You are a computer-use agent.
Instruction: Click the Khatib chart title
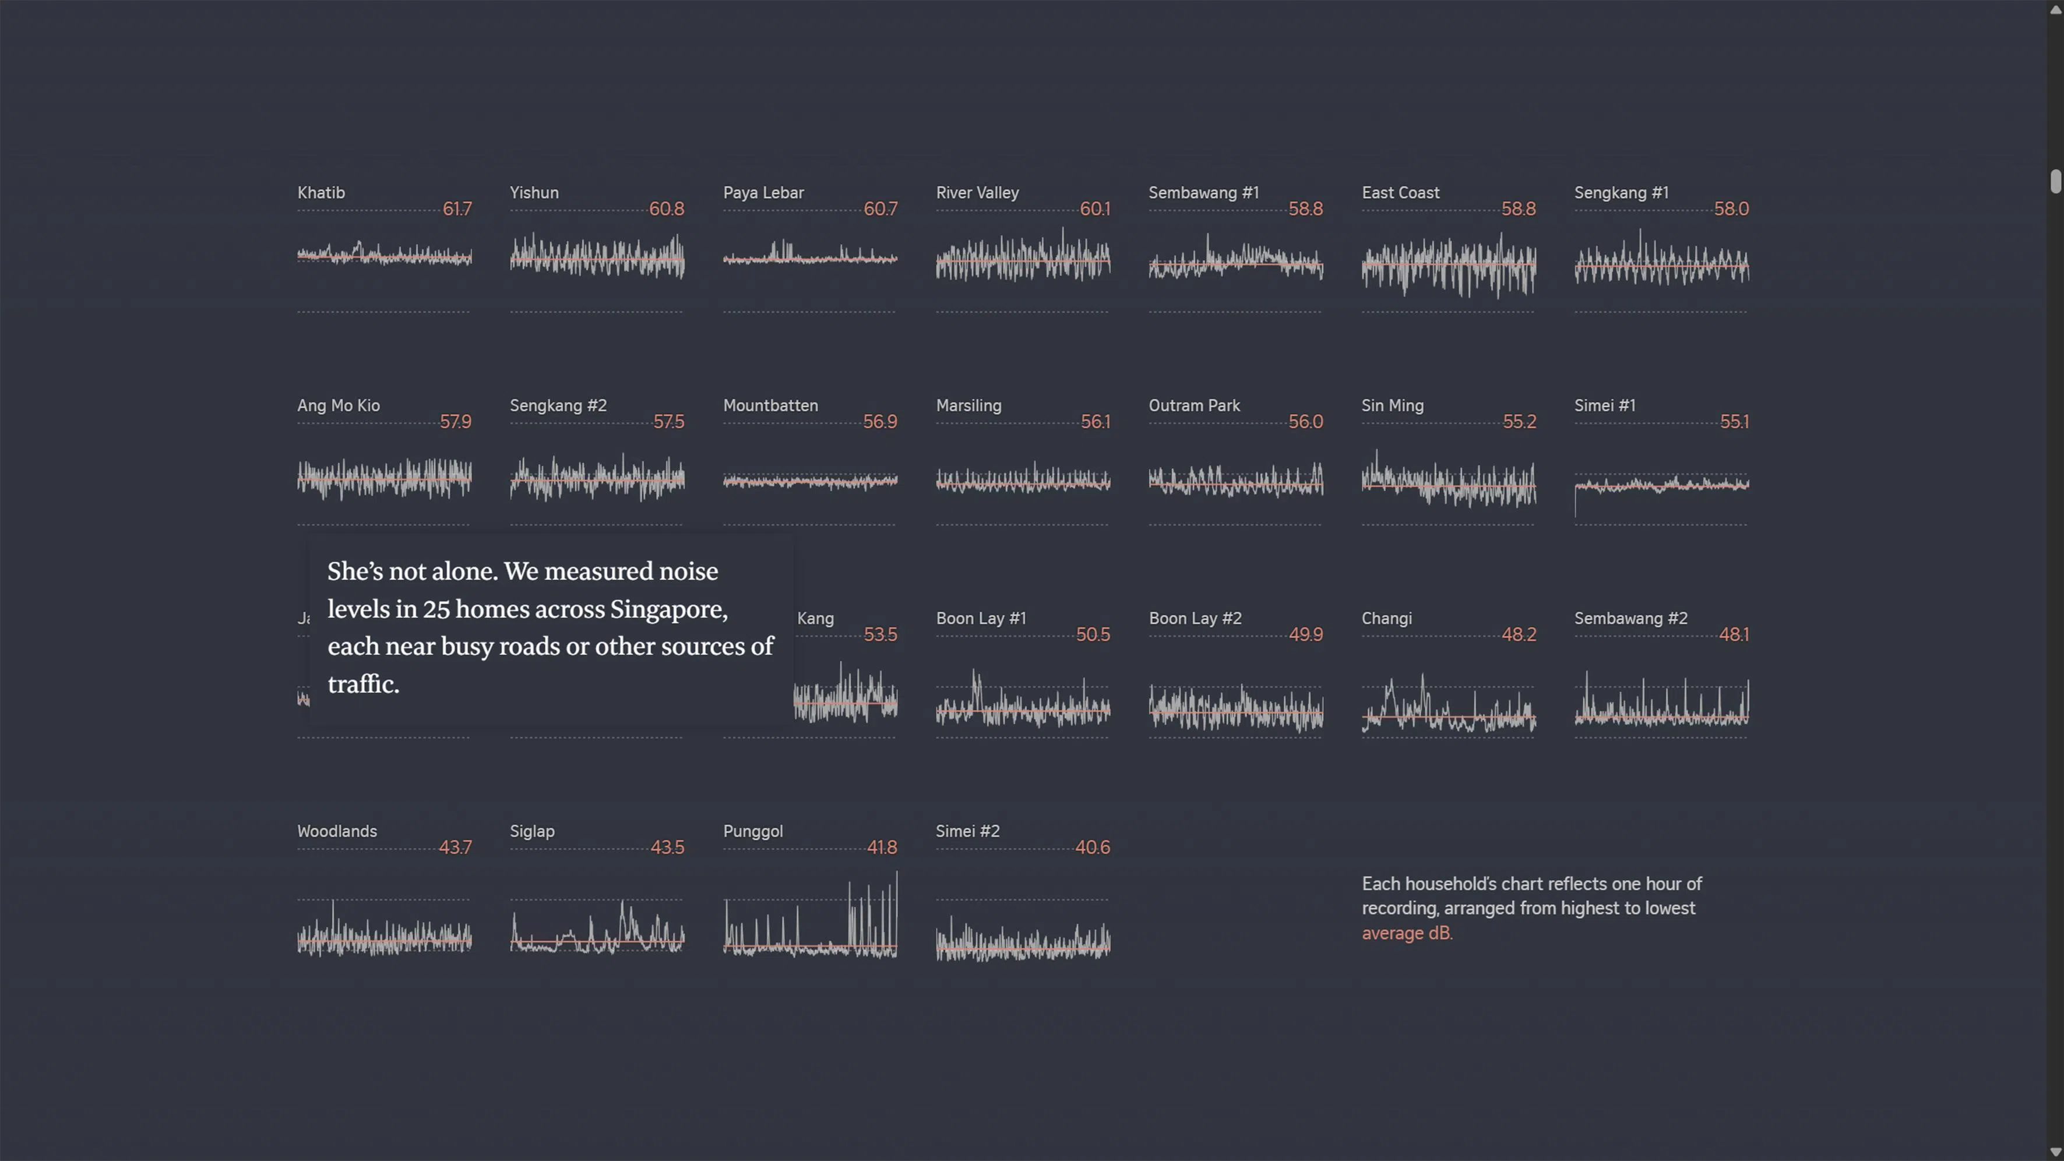click(320, 192)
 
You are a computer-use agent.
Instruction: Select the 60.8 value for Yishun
click(666, 209)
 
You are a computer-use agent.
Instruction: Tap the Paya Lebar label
click(763, 192)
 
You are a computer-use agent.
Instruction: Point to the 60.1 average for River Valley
click(1094, 209)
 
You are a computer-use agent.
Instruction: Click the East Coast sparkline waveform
click(1448, 264)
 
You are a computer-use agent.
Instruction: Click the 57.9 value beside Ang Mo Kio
click(455, 422)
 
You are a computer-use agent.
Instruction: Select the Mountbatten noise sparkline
click(809, 481)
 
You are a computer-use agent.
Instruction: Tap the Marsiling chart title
click(968, 405)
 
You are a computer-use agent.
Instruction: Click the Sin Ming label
click(1392, 405)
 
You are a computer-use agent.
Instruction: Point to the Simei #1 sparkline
click(1661, 484)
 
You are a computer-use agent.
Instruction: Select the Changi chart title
click(1386, 619)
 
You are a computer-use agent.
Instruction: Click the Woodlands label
click(337, 831)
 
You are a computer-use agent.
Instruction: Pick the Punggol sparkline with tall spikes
click(809, 922)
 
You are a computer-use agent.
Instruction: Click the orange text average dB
click(1406, 933)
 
